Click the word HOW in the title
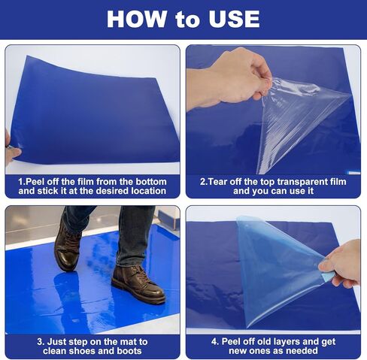pos(136,19)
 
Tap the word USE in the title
pos(234,19)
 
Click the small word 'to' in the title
pos(187,20)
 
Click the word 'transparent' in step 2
pos(299,182)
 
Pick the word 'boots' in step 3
pos(129,351)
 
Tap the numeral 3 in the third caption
pos(40,342)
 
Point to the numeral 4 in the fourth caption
pos(214,342)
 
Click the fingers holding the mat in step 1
pos(11,150)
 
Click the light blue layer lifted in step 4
pos(278,268)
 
